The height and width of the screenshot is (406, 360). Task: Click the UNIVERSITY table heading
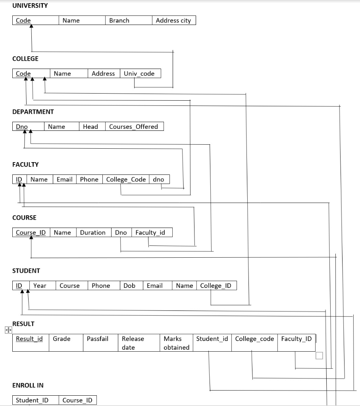pos(30,6)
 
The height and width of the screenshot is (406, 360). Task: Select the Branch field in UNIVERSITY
pos(119,21)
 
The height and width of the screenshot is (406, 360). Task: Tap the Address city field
pos(173,21)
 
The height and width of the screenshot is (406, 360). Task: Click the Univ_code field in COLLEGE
pos(139,74)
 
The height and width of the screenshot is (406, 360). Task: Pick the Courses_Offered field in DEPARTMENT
pos(134,127)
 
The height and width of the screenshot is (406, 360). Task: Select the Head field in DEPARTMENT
pos(90,127)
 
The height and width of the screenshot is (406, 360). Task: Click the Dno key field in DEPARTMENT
pos(22,127)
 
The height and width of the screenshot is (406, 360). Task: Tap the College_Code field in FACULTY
pos(126,180)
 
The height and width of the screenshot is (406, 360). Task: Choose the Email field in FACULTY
pos(64,180)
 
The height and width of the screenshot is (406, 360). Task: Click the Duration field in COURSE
pos(93,233)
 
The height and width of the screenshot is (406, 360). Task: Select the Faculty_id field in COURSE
pos(150,233)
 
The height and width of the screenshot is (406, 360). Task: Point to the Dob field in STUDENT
pos(129,286)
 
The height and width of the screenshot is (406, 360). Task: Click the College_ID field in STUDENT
pos(216,286)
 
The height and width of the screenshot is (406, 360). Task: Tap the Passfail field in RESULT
pos(98,339)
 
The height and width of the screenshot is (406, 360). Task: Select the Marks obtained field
pos(176,343)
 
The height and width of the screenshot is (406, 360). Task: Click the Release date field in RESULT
pos(133,343)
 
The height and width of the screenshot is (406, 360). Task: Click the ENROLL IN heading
pos(28,385)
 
